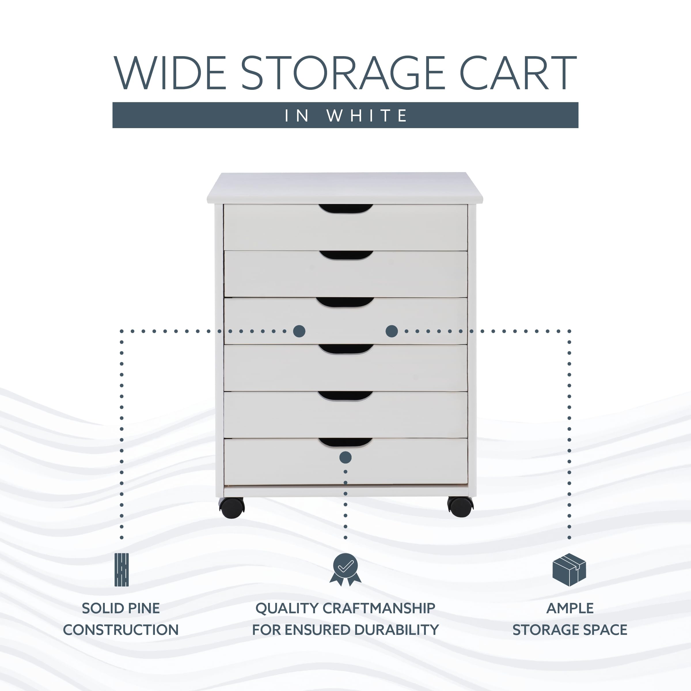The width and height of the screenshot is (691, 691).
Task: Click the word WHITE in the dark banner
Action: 367,115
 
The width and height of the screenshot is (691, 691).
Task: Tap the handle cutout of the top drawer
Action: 345,209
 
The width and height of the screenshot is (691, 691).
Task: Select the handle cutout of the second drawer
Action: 346,255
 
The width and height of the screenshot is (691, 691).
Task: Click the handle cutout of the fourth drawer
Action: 346,349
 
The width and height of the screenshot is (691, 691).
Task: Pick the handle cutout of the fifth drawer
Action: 345,396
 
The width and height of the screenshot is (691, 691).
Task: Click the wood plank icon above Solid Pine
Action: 121,570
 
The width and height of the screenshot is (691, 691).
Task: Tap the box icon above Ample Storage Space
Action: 569,570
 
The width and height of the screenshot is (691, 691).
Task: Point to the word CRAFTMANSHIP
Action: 379,608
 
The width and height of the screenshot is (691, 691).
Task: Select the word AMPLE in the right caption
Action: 570,608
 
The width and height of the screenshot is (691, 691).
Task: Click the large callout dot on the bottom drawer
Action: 345,457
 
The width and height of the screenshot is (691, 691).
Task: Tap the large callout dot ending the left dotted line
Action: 299,331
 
